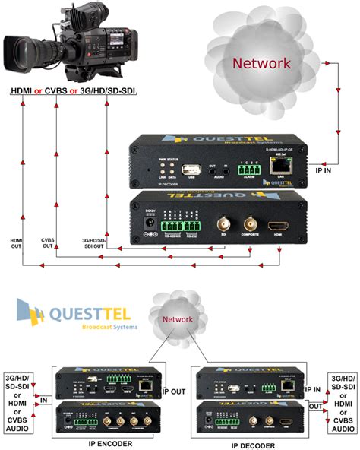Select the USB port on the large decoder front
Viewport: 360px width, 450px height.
193,169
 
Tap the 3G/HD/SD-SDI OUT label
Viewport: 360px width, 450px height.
95,242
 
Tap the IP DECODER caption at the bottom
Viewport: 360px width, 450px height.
253,445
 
